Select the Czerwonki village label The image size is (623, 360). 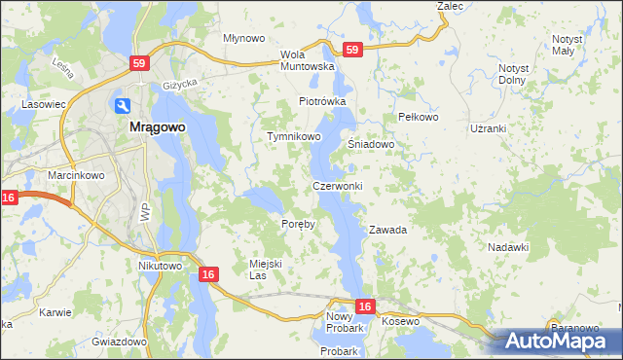338,186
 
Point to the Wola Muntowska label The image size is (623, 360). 307,60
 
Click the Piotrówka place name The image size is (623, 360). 322,101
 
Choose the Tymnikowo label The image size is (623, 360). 294,137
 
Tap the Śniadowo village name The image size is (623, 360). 371,144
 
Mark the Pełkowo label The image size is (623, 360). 421,117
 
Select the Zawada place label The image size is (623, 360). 386,231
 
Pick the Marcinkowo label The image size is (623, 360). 70,175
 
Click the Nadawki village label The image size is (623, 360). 507,247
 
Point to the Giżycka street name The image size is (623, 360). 180,85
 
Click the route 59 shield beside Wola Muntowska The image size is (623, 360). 351,50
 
